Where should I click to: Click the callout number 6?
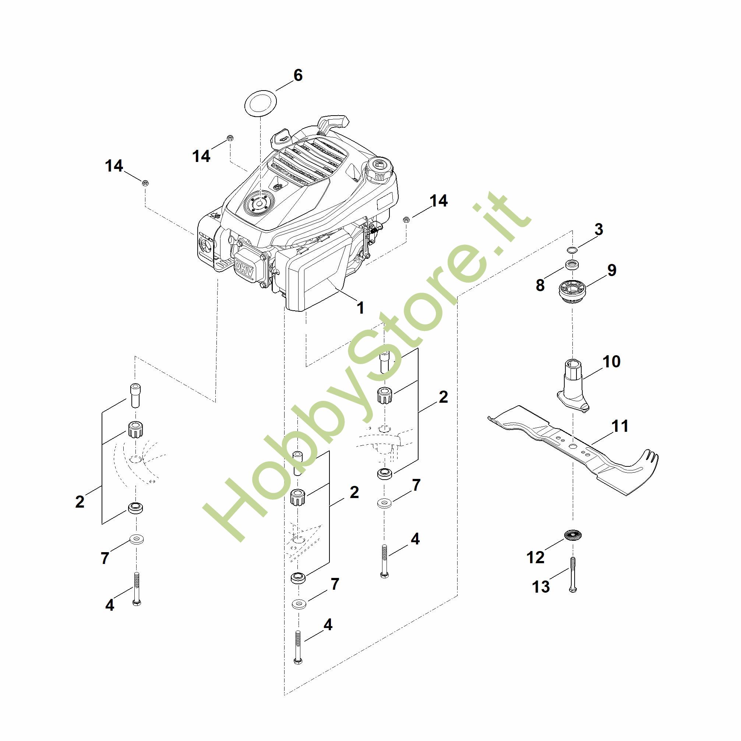pyautogui.click(x=298, y=75)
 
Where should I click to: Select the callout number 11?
pyautogui.click(x=620, y=426)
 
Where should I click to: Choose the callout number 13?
pyautogui.click(x=541, y=587)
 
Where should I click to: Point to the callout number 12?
pyautogui.click(x=536, y=557)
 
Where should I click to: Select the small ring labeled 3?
pyautogui.click(x=573, y=250)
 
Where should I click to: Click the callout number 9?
pyautogui.click(x=612, y=270)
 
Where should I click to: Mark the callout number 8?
pyautogui.click(x=540, y=285)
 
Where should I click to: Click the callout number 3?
pyautogui.click(x=599, y=229)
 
